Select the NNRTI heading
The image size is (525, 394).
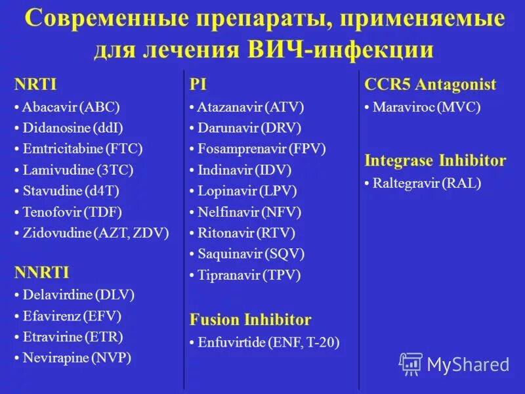(41, 273)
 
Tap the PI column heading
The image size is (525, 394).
(198, 84)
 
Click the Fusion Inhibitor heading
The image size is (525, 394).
(250, 320)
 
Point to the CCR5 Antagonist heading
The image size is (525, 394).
(430, 84)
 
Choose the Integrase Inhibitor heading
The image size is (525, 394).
(435, 160)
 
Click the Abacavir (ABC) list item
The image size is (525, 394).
(70, 107)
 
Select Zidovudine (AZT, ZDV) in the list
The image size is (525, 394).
(95, 232)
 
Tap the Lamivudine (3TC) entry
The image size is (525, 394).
(77, 170)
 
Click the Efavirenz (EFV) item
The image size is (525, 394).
(72, 316)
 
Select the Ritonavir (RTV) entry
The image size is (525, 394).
(246, 232)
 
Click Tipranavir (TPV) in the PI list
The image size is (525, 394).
(249, 275)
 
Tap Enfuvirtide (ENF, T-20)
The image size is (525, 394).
(268, 342)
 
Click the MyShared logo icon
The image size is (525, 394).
(411, 363)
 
